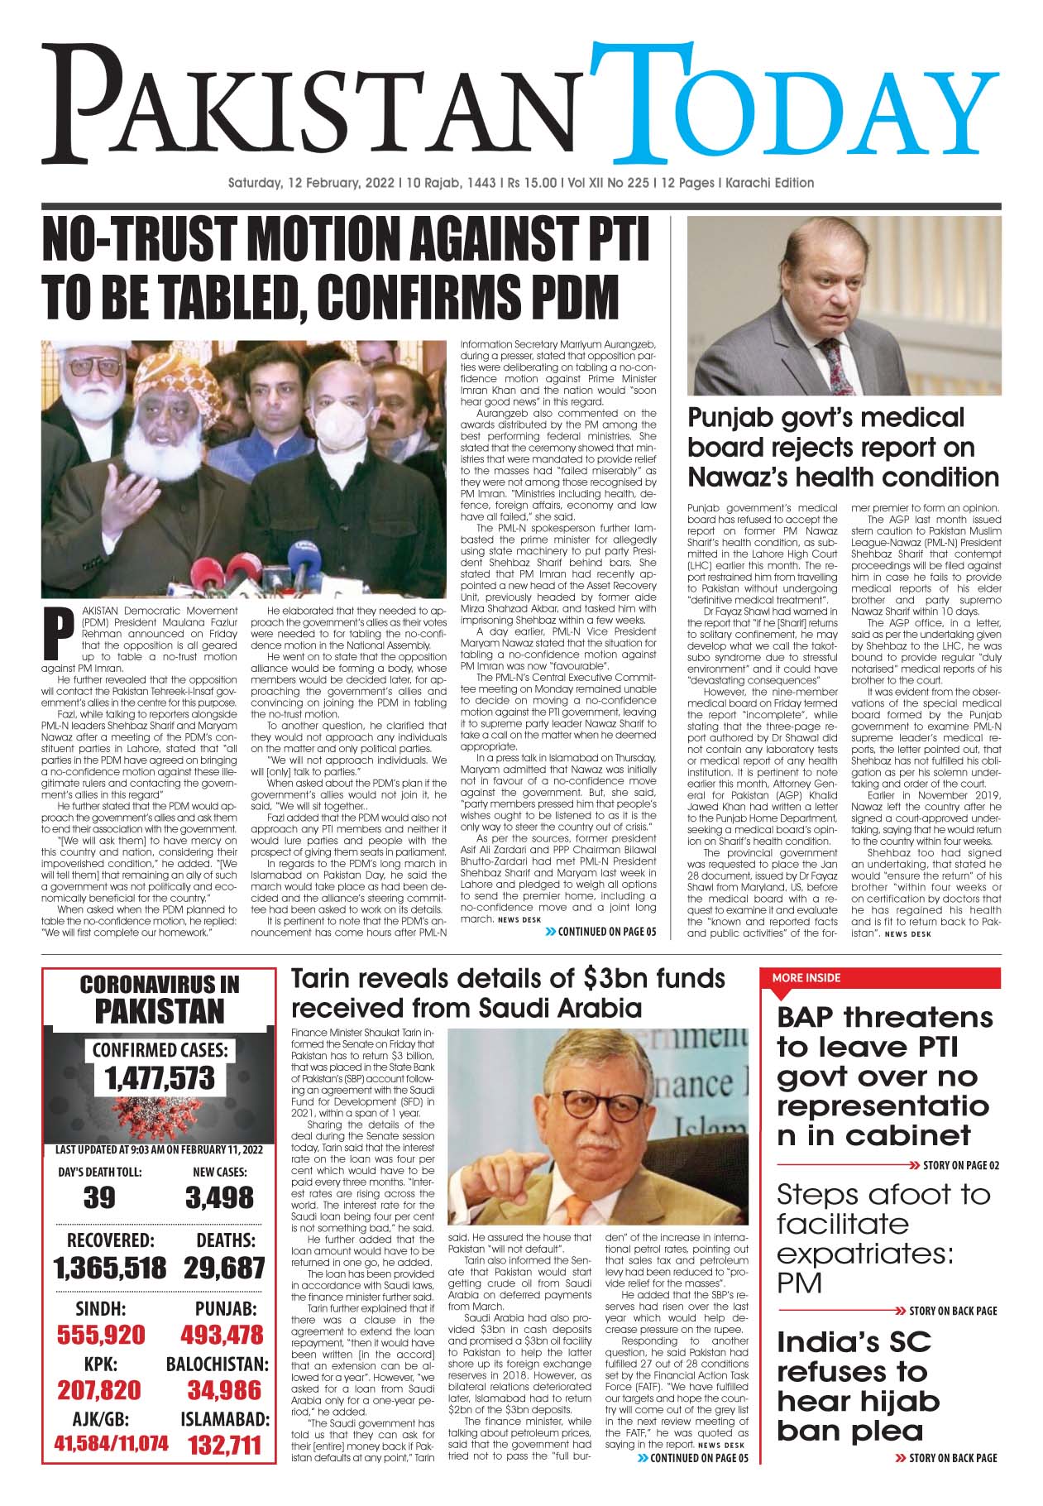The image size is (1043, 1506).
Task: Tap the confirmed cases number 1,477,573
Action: click(160, 1078)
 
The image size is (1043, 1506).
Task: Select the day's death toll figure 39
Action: click(99, 1198)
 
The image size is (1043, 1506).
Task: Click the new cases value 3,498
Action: click(219, 1198)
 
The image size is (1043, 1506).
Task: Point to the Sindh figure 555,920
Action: click(101, 1335)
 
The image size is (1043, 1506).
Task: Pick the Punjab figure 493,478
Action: click(222, 1335)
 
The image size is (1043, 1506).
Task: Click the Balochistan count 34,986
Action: click(223, 1389)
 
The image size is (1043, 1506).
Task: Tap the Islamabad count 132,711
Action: click(224, 1446)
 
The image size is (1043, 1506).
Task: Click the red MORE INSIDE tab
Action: click(806, 978)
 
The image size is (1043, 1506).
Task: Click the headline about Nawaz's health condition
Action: click(843, 448)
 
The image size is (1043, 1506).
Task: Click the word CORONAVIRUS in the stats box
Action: click(160, 985)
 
